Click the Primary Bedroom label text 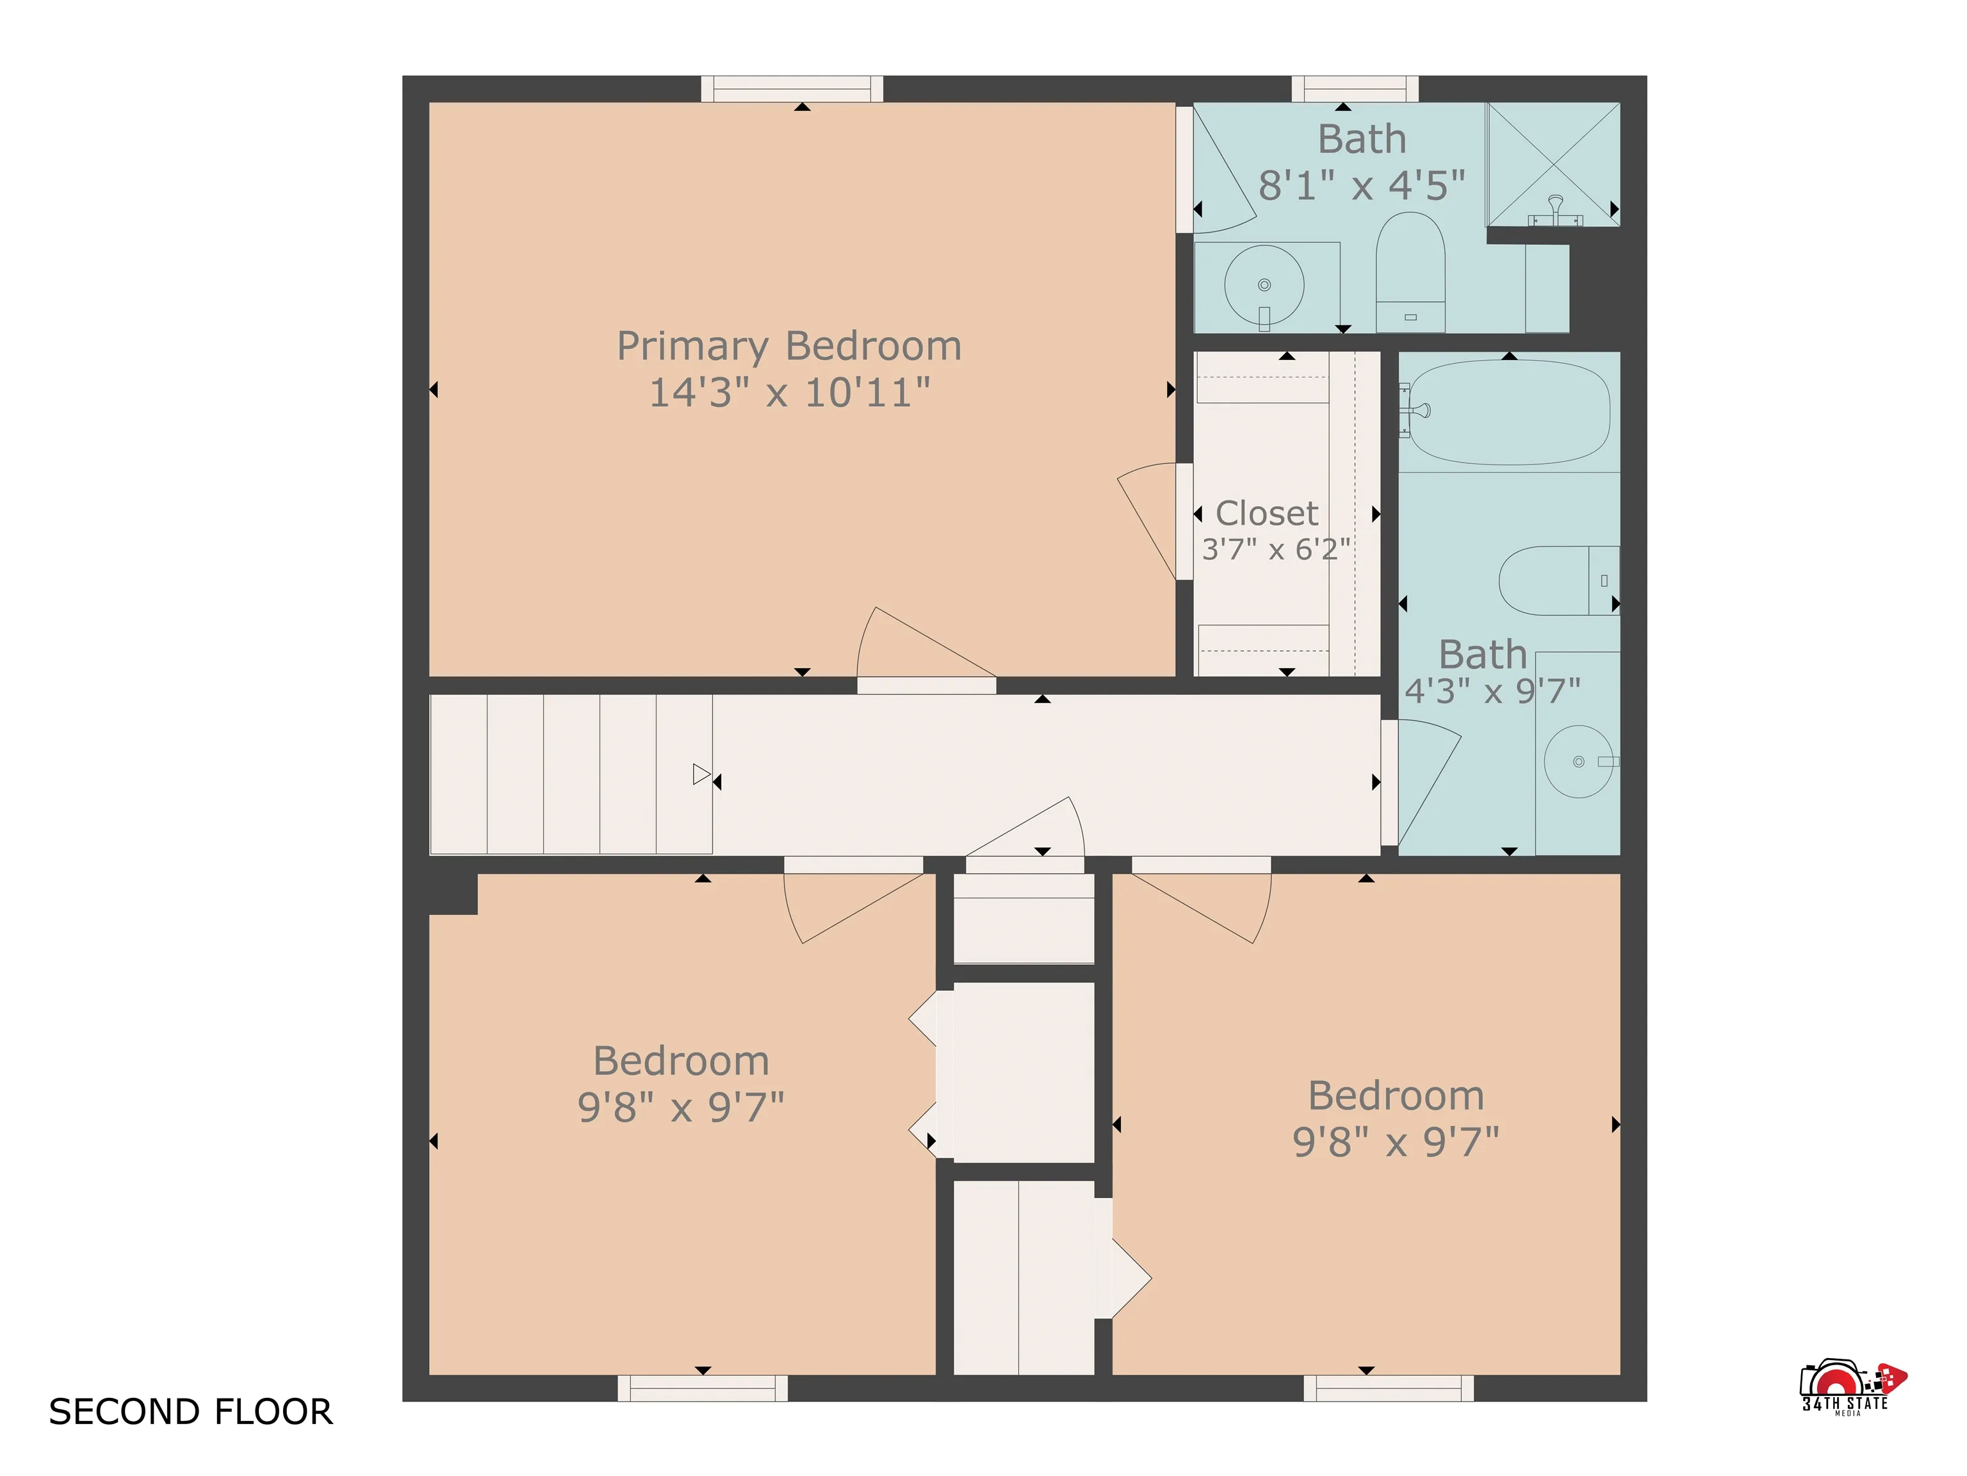pyautogui.click(x=788, y=346)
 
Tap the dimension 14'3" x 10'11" pyautogui.click(x=788, y=393)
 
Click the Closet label pyautogui.click(x=1266, y=513)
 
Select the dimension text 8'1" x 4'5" pyautogui.click(x=1362, y=186)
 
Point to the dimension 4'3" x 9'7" pyautogui.click(x=1492, y=691)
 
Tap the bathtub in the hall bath pyautogui.click(x=1509, y=412)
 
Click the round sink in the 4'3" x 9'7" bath pyautogui.click(x=1578, y=761)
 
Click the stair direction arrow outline pyautogui.click(x=701, y=775)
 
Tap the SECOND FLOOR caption pyautogui.click(x=190, y=1412)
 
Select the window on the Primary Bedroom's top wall pyautogui.click(x=792, y=89)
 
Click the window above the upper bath pyautogui.click(x=1354, y=89)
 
